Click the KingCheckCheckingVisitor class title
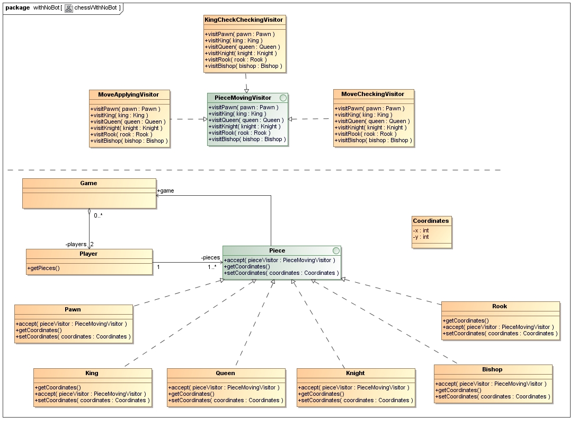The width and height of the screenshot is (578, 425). tap(244, 20)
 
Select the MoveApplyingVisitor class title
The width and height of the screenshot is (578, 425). tap(128, 94)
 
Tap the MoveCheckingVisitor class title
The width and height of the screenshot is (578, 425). tap(372, 94)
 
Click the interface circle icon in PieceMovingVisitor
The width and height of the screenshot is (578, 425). tap(283, 98)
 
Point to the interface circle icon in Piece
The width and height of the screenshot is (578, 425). tap(335, 250)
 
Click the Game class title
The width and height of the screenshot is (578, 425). tap(88, 183)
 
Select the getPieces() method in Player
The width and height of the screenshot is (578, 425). tap(43, 268)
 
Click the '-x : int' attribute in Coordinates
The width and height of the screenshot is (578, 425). tap(421, 230)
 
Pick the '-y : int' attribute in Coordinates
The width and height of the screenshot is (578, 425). tap(421, 237)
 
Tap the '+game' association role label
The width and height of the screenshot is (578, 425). tap(165, 190)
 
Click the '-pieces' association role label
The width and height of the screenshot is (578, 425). tap(210, 257)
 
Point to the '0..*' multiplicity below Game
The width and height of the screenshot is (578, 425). tap(99, 215)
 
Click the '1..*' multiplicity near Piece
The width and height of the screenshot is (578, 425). tap(212, 267)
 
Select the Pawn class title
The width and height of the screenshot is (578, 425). tap(73, 309)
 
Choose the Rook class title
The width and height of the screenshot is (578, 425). tap(500, 306)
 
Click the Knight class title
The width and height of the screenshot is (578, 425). tap(355, 373)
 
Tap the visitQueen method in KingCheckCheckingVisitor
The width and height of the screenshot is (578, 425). tap(242, 47)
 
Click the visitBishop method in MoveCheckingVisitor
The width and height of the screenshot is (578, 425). tap(371, 140)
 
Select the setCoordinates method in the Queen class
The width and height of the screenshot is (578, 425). tap(226, 400)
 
